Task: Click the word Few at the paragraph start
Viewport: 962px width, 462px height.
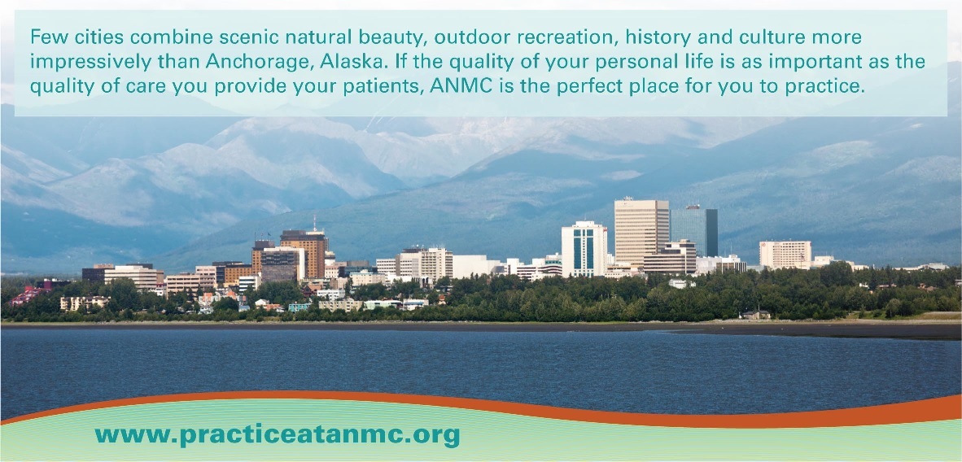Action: pos(46,37)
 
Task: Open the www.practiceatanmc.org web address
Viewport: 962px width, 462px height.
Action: pos(278,436)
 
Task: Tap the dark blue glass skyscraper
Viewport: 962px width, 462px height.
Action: pos(694,231)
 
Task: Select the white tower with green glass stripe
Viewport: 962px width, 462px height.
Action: pos(584,249)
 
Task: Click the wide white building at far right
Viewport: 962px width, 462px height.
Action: pos(785,254)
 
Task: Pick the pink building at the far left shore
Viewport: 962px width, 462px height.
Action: pos(28,295)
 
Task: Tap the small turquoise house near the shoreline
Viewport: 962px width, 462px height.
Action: pos(300,307)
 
